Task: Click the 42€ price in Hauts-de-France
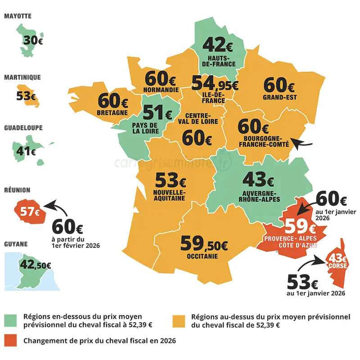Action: (217, 45)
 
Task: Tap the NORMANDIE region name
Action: (160, 89)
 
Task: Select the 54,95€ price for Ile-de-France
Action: (215, 83)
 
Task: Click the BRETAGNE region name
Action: (112, 112)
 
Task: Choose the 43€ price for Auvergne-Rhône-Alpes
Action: (258, 180)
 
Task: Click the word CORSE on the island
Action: (337, 266)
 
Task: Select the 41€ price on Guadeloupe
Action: (26, 151)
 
